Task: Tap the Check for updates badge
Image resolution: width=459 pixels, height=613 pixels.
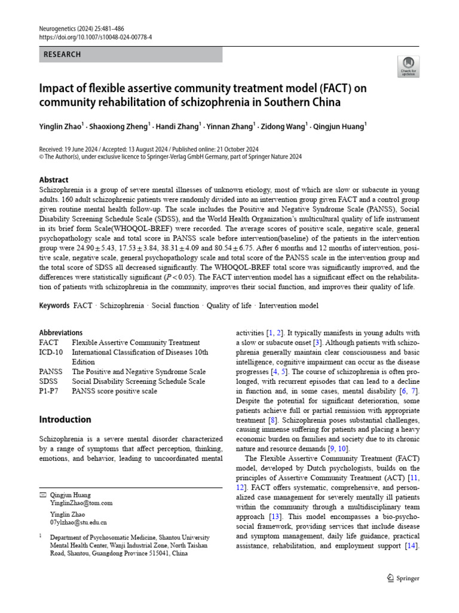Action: pyautogui.click(x=409, y=66)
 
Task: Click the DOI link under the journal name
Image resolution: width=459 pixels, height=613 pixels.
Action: pyautogui.click(x=96, y=37)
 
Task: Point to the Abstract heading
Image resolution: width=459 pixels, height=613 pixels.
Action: pyautogui.click(x=54, y=180)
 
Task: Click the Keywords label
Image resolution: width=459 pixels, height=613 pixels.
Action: pyautogui.click(x=54, y=305)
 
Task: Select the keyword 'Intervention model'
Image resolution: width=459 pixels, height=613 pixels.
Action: pyautogui.click(x=289, y=305)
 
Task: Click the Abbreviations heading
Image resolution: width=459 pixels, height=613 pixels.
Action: pyautogui.click(x=61, y=333)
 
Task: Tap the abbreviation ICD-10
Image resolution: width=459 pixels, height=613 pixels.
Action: pyautogui.click(x=51, y=352)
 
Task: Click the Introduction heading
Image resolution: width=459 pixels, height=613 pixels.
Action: pyautogui.click(x=65, y=419)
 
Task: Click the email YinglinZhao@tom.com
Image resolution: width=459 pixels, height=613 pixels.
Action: pyautogui.click(x=81, y=503)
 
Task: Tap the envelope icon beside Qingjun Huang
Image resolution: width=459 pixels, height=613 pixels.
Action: pyautogui.click(x=42, y=496)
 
